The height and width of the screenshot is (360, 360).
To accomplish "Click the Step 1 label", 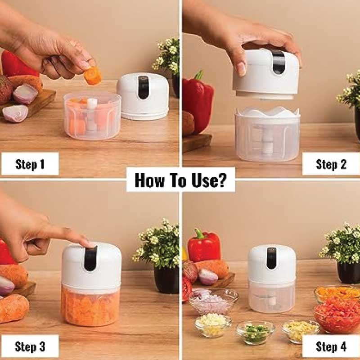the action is click(x=30, y=164).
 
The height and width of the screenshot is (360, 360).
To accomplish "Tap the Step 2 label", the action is click(x=331, y=164).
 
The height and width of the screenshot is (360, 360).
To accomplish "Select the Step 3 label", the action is click(x=30, y=346).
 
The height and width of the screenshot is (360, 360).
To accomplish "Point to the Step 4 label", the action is click(x=331, y=346).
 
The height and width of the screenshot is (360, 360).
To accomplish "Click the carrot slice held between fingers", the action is click(x=93, y=75).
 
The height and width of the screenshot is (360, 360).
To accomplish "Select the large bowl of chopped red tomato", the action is click(x=337, y=317).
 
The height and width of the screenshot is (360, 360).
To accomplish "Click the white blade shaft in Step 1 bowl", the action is click(x=92, y=117).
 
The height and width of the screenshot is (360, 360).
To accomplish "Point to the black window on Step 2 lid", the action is click(x=279, y=62).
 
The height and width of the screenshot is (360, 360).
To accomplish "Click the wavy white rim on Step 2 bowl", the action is click(x=267, y=112).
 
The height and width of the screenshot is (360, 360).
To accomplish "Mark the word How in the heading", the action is click(x=149, y=180).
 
